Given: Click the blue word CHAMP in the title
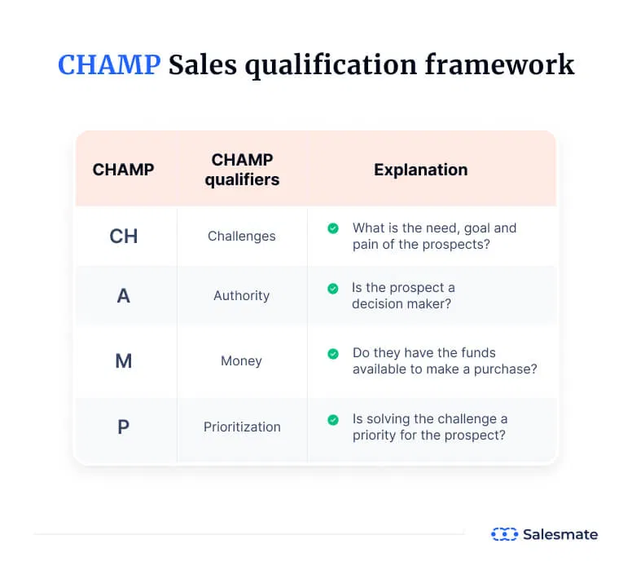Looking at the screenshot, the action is pos(109,64).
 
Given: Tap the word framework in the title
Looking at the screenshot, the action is pos(499,64).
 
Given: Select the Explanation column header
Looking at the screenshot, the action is pos(421,170).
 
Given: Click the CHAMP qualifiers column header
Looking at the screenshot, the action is pos(242,170).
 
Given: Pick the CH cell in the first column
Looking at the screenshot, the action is pos(124,237).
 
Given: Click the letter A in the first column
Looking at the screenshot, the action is pos(124,295).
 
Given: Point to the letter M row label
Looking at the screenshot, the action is pos(124,361).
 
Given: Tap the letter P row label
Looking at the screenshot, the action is pos(123,427).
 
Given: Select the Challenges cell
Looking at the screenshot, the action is pos(242,237).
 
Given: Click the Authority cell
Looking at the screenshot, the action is pos(242,296).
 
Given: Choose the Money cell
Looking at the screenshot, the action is pos(241,361).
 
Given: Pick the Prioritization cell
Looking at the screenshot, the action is pos(242,427).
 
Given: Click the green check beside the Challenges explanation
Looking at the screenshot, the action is pos(333,228).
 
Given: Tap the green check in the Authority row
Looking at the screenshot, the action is pos(333,289).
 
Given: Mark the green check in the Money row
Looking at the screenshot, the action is pos(333,354).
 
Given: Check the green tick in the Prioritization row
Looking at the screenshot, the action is pos(333,420).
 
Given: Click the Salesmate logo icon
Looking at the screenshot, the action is pos(504,534).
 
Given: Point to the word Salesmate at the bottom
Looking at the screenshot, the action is pos(560,534).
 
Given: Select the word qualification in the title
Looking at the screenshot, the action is pos(331,64).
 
